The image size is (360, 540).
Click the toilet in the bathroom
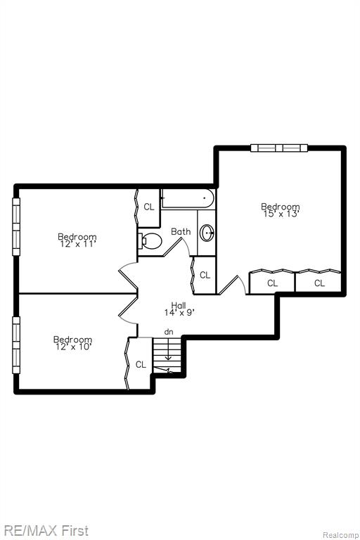pyautogui.click(x=150, y=240)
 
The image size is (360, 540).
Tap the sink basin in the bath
pyautogui.click(x=207, y=233)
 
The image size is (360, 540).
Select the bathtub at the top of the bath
pyautogui.click(x=188, y=199)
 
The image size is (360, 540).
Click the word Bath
pyautogui.click(x=181, y=231)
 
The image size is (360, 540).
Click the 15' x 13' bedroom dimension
pyautogui.click(x=281, y=214)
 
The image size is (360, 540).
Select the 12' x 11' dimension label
pyautogui.click(x=77, y=244)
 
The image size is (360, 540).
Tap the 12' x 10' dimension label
pyautogui.click(x=73, y=347)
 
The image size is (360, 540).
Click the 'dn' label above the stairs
pyautogui.click(x=169, y=332)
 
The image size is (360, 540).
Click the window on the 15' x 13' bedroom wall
pyautogui.click(x=279, y=148)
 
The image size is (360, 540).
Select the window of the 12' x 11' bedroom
pyautogui.click(x=16, y=226)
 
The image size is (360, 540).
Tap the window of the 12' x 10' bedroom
pyautogui.click(x=16, y=345)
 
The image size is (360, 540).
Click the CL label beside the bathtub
pyautogui.click(x=149, y=207)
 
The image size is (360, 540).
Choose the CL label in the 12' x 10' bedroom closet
pyautogui.click(x=141, y=364)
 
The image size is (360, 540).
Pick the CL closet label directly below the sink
pyautogui.click(x=205, y=275)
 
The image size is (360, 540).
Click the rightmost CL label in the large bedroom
pyautogui.click(x=319, y=283)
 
